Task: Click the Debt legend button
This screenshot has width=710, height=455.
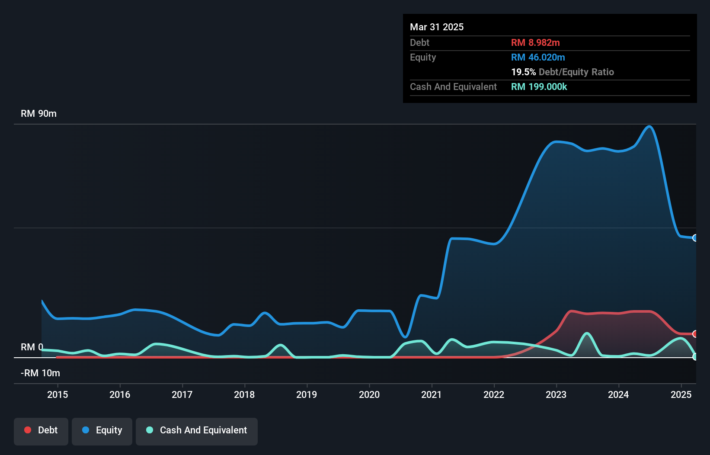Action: [41, 431]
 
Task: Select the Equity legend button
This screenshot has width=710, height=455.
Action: [102, 431]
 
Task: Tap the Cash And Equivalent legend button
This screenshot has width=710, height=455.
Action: [197, 431]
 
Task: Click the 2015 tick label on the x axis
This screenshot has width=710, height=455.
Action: [58, 394]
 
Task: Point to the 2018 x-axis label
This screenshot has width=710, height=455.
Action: [244, 394]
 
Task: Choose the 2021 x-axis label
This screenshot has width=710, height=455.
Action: [432, 394]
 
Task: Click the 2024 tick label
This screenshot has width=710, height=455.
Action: [618, 394]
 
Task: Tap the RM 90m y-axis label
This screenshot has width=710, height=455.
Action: [38, 114]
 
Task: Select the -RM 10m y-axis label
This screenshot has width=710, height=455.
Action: [40, 373]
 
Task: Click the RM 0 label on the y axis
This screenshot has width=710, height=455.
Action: [32, 347]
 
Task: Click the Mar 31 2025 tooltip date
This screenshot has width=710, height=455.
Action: [437, 27]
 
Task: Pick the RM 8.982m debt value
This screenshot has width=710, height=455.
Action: [535, 43]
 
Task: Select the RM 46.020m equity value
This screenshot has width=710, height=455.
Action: [538, 58]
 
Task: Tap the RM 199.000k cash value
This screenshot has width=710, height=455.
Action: [539, 87]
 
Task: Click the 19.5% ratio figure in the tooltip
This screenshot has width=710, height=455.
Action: [523, 72]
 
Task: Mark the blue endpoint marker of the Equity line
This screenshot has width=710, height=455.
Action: [695, 238]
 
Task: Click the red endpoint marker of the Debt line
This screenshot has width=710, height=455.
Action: [695, 334]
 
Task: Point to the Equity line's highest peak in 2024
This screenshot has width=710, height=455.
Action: [649, 126]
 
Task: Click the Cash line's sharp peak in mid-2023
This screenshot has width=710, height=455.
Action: [587, 333]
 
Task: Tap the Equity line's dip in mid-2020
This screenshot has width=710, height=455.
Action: [405, 336]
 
